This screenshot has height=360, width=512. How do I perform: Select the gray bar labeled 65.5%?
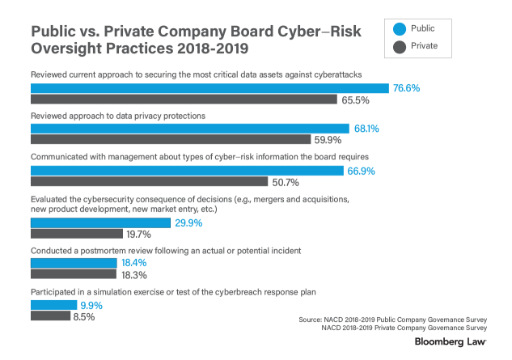184,100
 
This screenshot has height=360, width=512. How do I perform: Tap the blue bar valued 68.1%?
190,128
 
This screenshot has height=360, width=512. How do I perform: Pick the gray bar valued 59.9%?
171,140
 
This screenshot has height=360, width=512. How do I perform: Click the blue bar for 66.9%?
187,170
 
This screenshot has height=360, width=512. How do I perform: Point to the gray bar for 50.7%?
149,182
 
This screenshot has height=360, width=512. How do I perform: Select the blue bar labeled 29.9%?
100,222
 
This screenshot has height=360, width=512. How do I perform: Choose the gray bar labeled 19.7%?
77,235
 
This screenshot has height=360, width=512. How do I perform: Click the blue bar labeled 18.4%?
74,264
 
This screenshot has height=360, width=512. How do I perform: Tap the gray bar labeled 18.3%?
74,275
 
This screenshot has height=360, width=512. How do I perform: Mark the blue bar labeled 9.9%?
53,305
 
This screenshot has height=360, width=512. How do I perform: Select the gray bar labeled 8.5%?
50,316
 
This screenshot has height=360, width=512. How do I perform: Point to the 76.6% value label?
408,87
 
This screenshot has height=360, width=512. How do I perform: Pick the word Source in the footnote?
311,320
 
